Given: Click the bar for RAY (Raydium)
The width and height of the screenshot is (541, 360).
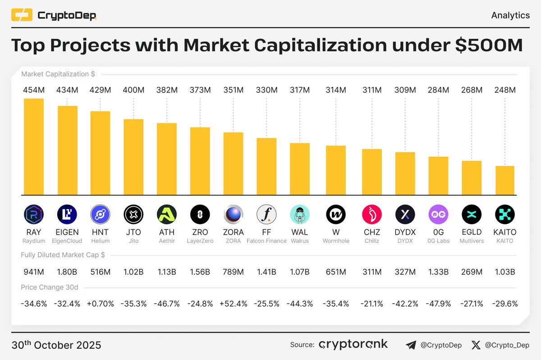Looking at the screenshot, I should (34, 146).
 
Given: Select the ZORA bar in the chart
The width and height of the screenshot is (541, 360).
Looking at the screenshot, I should (234, 163).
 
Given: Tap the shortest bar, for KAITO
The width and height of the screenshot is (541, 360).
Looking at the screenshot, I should (505, 180).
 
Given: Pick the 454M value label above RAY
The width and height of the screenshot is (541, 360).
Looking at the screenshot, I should (34, 90).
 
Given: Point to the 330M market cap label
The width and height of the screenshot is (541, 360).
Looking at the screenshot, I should (266, 90).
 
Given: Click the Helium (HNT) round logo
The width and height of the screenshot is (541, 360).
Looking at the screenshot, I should (100, 214).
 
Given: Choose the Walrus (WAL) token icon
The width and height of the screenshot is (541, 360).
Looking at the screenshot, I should (300, 214).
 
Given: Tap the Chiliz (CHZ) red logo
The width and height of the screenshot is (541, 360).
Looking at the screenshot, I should (372, 214).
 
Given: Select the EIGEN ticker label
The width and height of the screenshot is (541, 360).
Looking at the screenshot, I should (67, 232).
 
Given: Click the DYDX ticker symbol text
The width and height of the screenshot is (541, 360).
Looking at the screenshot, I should (405, 232).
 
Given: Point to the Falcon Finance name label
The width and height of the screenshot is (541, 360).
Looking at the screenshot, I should (266, 241).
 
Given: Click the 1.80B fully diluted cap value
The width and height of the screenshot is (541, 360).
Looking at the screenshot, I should (67, 272).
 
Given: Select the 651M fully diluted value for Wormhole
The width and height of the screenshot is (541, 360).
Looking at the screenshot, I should (336, 272).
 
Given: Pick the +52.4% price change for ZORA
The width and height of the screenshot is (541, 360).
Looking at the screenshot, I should (234, 304).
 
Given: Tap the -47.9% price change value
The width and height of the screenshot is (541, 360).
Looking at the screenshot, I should (438, 304).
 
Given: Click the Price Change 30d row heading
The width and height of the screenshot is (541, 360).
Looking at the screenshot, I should (49, 287).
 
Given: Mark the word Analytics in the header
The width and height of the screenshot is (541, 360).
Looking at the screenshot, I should (510, 15).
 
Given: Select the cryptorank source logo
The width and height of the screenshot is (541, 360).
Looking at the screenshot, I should (353, 345).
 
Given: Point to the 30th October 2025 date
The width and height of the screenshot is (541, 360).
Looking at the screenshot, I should (56, 346).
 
